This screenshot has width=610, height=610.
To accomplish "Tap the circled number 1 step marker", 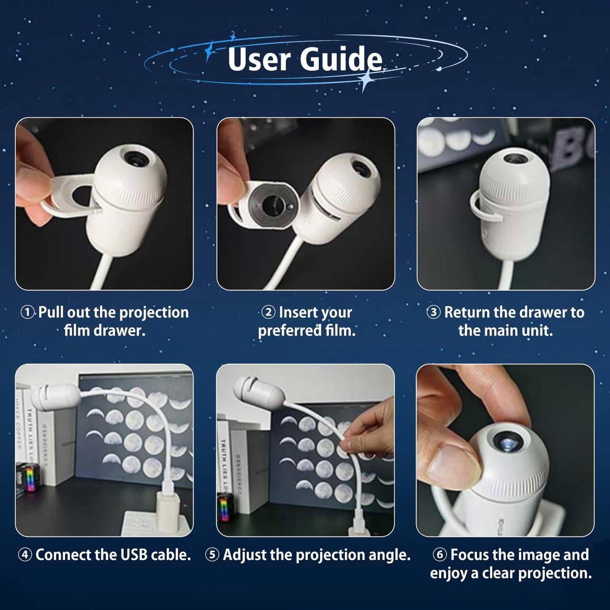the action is pos(27,312).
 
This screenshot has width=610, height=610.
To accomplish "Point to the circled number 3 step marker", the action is pos(434,312).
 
